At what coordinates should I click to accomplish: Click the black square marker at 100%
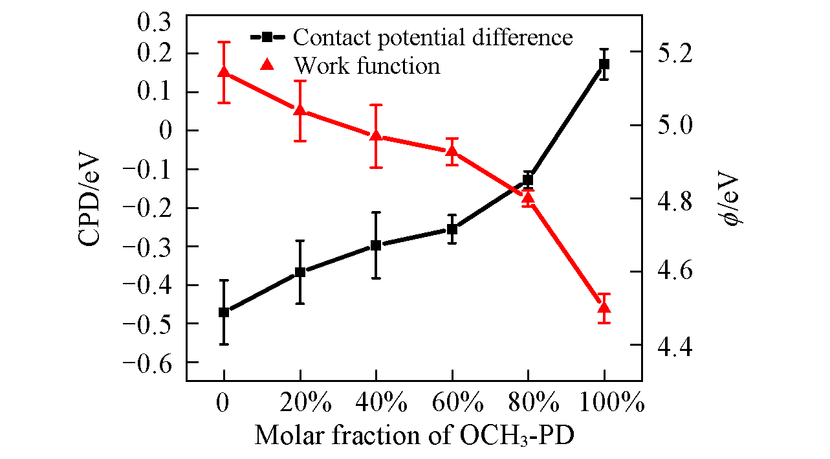point(604,64)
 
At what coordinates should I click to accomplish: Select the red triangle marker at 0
point(224,72)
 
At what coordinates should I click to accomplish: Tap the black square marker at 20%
point(300,272)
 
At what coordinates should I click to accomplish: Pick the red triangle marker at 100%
point(604,308)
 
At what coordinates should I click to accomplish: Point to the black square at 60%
point(452,229)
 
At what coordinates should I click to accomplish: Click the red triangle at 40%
point(376,135)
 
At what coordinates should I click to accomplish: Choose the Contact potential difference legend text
point(433,38)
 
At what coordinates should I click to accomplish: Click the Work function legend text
point(367,65)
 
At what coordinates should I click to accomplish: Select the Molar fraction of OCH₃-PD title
point(415,435)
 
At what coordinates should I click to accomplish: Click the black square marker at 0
point(224,312)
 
